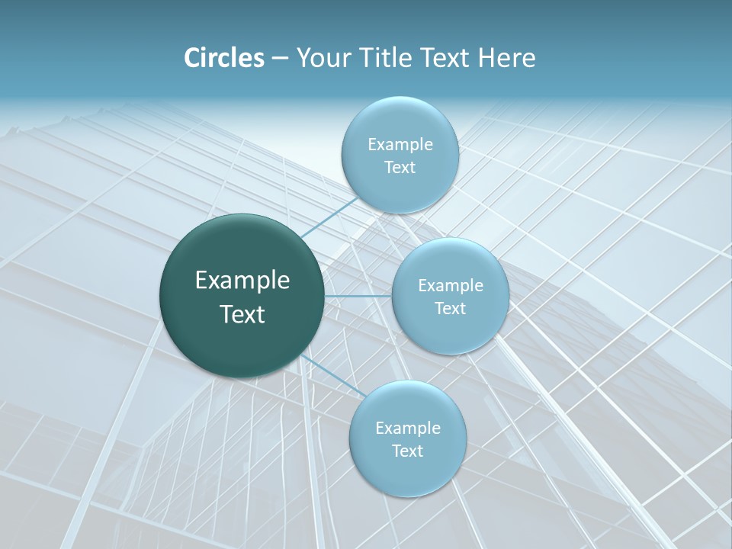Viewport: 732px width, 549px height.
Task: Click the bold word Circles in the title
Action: [224, 58]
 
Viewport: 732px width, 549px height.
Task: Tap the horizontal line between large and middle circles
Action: [358, 296]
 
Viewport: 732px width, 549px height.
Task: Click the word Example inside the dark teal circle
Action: [242, 281]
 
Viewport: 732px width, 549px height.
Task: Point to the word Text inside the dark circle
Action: [242, 314]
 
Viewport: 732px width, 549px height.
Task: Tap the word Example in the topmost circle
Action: [400, 145]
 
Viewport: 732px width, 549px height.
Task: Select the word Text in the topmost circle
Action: [400, 168]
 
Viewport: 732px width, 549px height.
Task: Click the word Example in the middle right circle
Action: [450, 286]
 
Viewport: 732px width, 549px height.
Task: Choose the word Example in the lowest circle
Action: [407, 429]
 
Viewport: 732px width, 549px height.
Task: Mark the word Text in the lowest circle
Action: [407, 451]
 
